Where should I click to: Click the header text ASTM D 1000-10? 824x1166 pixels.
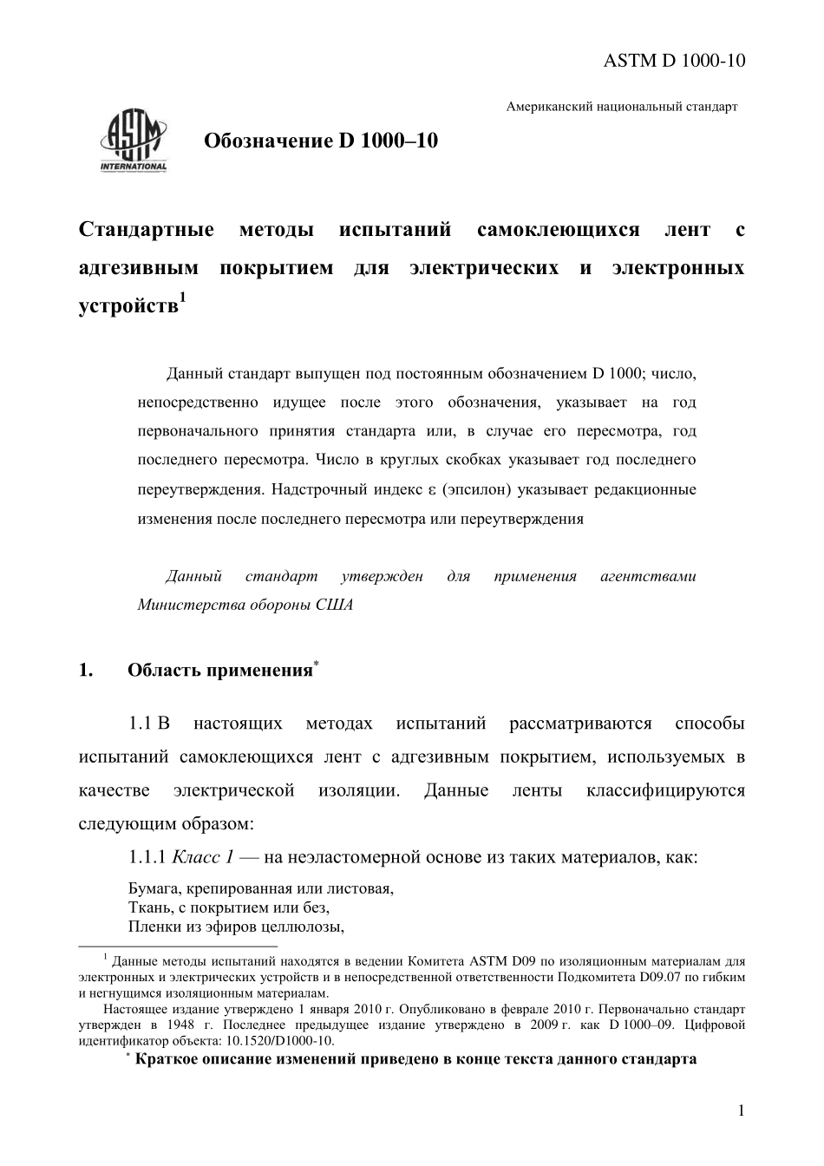click(x=674, y=60)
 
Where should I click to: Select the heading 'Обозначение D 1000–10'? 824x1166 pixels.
click(x=321, y=141)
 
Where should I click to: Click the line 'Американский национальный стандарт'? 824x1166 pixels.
click(x=622, y=107)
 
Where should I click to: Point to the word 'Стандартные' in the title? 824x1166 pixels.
click(x=147, y=230)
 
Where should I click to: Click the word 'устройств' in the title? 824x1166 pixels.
click(x=128, y=306)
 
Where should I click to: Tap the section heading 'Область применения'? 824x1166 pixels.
click(x=219, y=670)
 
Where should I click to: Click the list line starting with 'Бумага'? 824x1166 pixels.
click(x=260, y=889)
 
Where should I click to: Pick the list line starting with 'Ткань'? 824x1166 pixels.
click(x=229, y=907)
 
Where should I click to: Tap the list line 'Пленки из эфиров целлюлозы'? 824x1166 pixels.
click(x=237, y=926)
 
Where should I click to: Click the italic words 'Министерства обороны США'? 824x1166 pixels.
click(x=245, y=605)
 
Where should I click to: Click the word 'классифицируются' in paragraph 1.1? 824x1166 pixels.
click(x=665, y=790)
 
